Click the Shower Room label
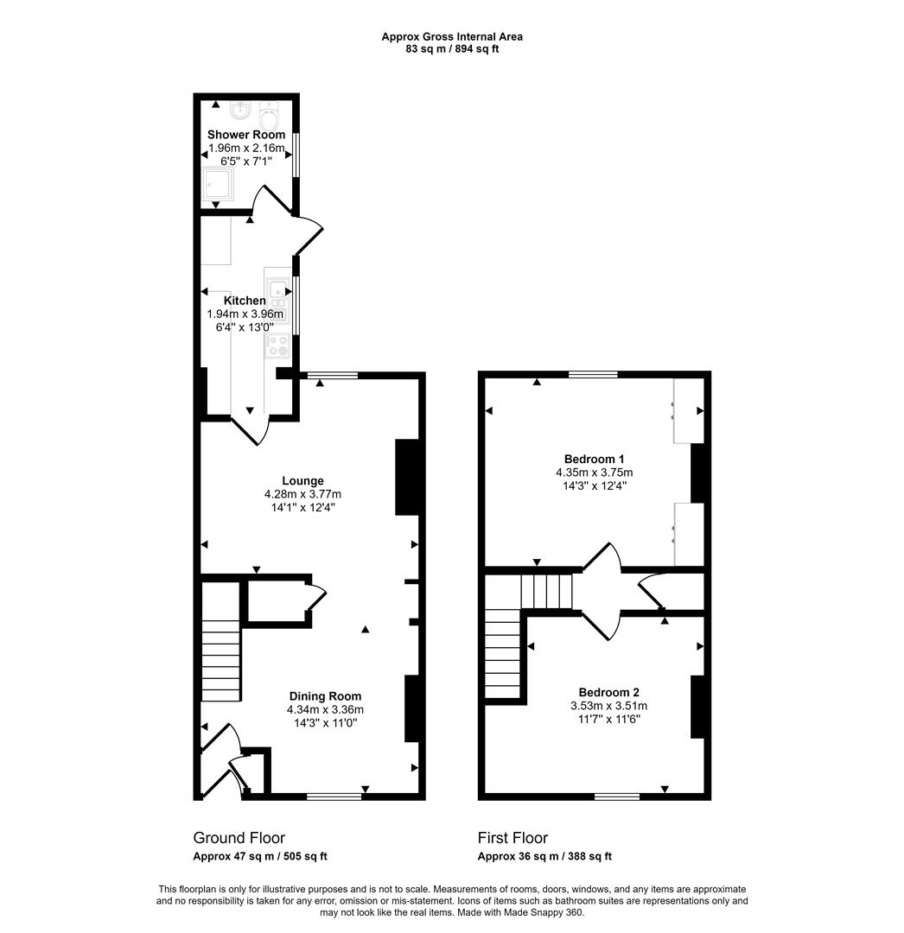point(245,135)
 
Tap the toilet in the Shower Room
point(270,116)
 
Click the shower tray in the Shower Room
point(218,184)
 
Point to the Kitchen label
point(245,301)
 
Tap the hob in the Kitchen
point(277,346)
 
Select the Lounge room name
point(303,481)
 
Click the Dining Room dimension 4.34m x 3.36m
point(325,709)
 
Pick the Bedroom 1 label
point(594,459)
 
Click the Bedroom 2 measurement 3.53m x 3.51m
point(608,706)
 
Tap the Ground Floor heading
point(239,838)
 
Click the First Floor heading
point(512,838)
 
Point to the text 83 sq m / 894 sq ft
point(452,49)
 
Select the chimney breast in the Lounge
point(407,477)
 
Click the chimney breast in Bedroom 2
point(697,707)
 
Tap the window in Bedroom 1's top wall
point(593,374)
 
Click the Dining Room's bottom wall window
point(334,797)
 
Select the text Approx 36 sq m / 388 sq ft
point(544,857)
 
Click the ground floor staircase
point(220,643)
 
